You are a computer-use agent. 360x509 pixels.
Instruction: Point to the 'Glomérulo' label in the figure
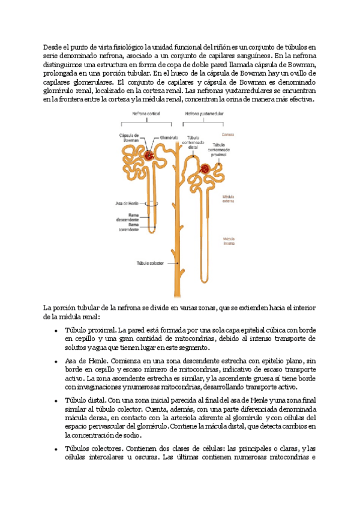click(171, 137)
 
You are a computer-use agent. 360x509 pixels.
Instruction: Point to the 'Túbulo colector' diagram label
click(149, 262)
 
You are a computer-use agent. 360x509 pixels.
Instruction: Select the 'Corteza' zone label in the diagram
click(229, 134)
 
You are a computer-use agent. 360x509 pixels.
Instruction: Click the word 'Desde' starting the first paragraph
click(53, 47)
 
